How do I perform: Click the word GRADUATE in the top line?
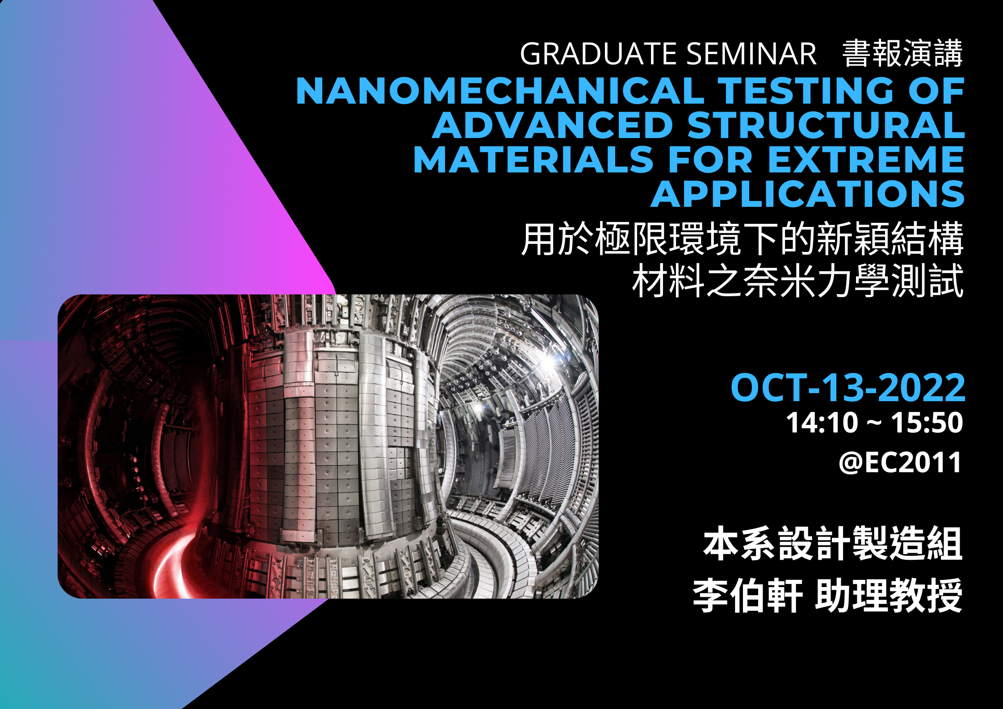click(x=599, y=54)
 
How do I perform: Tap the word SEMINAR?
click(x=751, y=54)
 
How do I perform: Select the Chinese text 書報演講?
click(x=902, y=54)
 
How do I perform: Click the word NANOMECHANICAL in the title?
click(x=500, y=91)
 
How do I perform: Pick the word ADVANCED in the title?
click(x=553, y=126)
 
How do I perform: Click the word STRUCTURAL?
click(x=826, y=126)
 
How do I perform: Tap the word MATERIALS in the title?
click(x=534, y=159)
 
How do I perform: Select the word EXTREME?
click(x=866, y=159)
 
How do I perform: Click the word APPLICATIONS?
click(x=808, y=194)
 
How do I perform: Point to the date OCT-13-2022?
click(x=848, y=387)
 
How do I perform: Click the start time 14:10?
click(x=823, y=423)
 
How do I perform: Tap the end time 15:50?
click(x=927, y=423)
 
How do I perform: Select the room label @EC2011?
click(x=900, y=462)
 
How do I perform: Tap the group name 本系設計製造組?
click(x=833, y=544)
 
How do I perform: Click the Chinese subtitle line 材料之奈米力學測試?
click(x=798, y=281)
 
